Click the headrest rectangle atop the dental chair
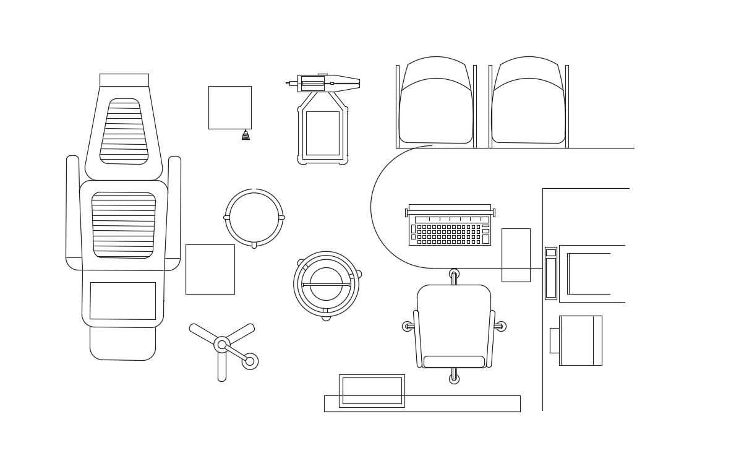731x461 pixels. click(124, 80)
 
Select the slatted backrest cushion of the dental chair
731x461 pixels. click(124, 131)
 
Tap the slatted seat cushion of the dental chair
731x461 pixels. click(124, 225)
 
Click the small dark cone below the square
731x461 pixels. click(246, 136)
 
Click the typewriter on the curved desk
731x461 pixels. click(450, 225)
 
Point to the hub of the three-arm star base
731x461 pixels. click(222, 345)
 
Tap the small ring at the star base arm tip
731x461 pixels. click(250, 361)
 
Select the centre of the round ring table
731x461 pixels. click(254, 217)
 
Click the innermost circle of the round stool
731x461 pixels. click(326, 284)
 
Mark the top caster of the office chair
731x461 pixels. click(454, 274)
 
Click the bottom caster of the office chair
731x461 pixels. click(454, 379)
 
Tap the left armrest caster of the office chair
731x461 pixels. click(407, 326)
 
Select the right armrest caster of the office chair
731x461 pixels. click(501, 326)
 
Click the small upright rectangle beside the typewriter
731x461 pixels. click(516, 255)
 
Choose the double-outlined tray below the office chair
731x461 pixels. click(372, 390)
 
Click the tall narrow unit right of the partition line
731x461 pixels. click(550, 274)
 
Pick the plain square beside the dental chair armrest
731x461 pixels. click(210, 269)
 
